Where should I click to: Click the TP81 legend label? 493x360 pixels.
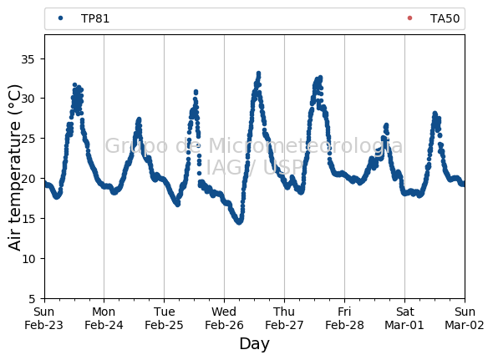coord(95,18)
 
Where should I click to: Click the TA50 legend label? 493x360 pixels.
coord(445,18)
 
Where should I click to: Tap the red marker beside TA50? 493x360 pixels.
coord(409,18)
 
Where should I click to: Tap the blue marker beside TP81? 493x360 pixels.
coord(61,18)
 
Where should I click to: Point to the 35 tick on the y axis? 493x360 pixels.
coord(28,58)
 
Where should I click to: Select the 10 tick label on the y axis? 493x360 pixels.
coord(28,259)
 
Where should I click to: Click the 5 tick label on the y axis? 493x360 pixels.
coord(32,299)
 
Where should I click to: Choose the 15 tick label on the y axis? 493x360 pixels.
coord(28,219)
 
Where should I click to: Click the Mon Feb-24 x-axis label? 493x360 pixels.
coord(104,318)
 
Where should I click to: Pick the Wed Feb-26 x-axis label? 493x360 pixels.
coord(224,318)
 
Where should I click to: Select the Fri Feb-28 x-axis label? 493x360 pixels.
coord(344,318)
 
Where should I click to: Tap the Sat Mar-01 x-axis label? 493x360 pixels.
coord(404,318)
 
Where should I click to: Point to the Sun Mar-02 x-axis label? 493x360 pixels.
coord(465,318)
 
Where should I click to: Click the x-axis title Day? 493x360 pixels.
coord(254,343)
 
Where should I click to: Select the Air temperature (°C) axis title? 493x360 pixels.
coord(14,167)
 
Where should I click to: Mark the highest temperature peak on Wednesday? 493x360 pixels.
coord(259,74)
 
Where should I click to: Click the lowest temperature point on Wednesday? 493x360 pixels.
coord(239,222)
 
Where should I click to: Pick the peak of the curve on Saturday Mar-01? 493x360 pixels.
coord(435,114)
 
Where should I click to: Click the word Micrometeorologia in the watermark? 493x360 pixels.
coord(305,146)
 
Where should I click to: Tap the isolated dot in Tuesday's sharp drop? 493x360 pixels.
coord(199,173)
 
